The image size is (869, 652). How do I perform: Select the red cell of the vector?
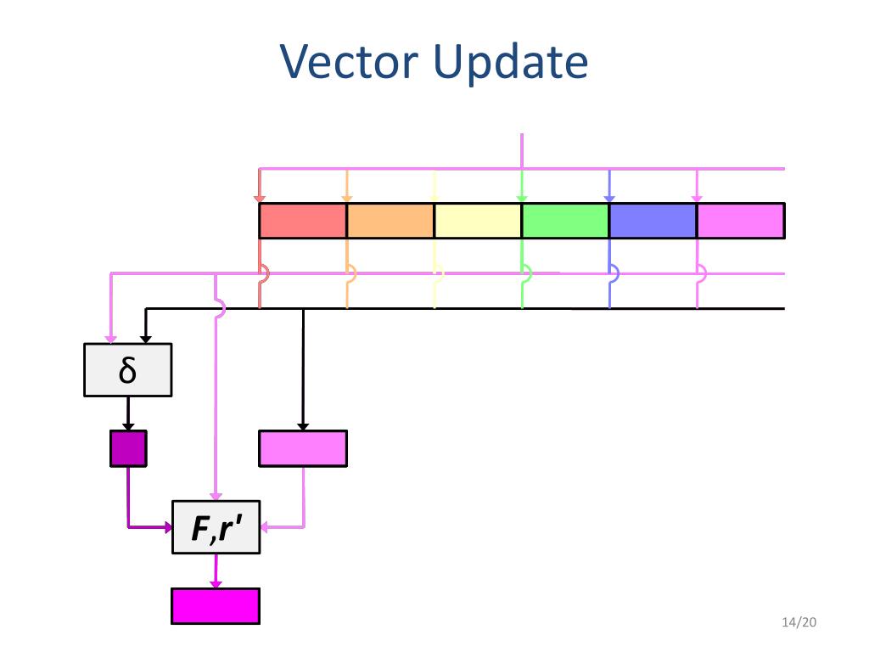[302, 221]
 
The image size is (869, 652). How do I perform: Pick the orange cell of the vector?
[390, 221]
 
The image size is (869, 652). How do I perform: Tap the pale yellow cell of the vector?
[478, 221]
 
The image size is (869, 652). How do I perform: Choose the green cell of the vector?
[565, 221]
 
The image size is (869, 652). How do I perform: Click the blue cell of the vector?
[653, 221]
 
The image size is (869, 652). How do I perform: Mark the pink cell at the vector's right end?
[740, 221]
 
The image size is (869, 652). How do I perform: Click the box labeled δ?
[127, 370]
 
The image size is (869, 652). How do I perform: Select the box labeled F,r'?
[216, 528]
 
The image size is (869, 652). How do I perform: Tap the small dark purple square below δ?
[127, 449]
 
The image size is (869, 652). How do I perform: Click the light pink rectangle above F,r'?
[302, 449]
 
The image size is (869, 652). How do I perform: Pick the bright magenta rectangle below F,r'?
[215, 606]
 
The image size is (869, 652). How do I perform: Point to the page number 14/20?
[798, 623]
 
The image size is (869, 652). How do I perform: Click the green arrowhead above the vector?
[522, 198]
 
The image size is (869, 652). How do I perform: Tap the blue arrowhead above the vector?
[609, 198]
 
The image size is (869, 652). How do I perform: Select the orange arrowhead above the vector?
[346, 198]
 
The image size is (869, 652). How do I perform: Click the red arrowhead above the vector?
[260, 198]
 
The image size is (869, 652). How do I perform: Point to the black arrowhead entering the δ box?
[146, 339]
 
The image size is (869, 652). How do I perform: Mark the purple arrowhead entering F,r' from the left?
[167, 527]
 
